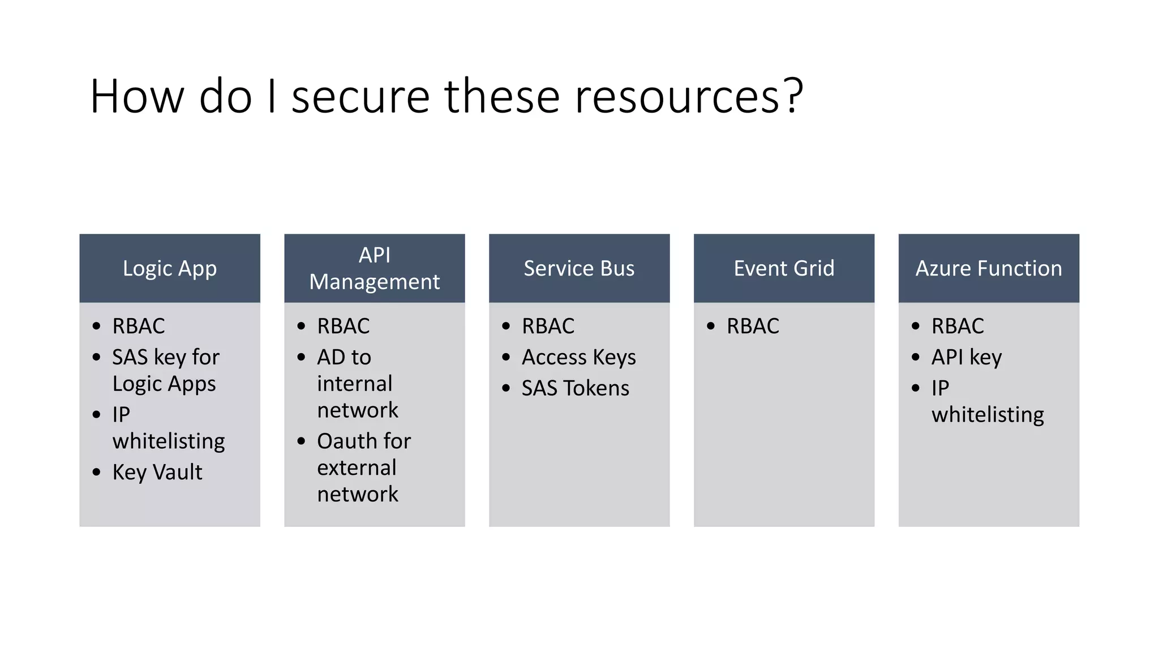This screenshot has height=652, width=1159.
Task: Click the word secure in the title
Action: coord(360,97)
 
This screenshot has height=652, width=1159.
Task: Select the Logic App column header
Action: coord(170,268)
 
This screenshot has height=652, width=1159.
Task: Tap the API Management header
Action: coord(374,268)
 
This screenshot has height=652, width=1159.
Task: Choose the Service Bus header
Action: coord(579,268)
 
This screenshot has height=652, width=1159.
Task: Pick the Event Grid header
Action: coord(784,268)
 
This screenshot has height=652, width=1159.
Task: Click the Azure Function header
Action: coord(989,268)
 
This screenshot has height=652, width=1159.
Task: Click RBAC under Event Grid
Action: coord(753,327)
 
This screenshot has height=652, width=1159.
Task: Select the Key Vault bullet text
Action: coord(157,473)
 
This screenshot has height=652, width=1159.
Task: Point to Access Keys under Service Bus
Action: coord(578,358)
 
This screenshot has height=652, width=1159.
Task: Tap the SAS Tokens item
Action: coord(575,388)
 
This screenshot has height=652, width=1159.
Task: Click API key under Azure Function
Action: coord(967,358)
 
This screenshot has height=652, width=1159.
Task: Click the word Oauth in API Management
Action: coord(344,441)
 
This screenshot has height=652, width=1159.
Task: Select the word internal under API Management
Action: coord(354,384)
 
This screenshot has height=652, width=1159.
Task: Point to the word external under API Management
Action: coord(357,468)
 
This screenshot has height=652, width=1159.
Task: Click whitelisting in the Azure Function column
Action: coord(988,415)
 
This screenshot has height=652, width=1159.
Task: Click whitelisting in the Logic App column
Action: coord(169,441)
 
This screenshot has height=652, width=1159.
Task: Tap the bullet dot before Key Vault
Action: coord(97,471)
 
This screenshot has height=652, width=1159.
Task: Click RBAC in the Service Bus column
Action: coord(548,327)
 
